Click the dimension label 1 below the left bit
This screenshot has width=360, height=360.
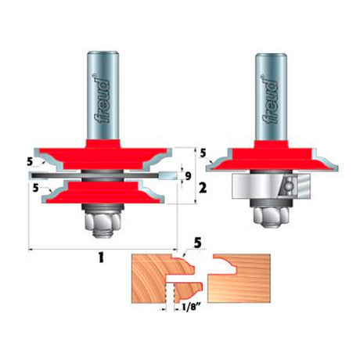coord(101,257)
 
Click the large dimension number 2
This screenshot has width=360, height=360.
coord(203,188)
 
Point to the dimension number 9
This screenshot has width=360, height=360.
coord(188,176)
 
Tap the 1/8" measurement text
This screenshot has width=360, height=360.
coord(192,308)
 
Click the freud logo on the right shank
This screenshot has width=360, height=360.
coord(271,100)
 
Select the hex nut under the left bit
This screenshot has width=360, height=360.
coord(103,221)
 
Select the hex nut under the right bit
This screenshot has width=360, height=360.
coord(272,218)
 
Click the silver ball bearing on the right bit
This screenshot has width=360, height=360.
coord(271,185)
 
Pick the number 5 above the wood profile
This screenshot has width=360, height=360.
coord(197,243)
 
